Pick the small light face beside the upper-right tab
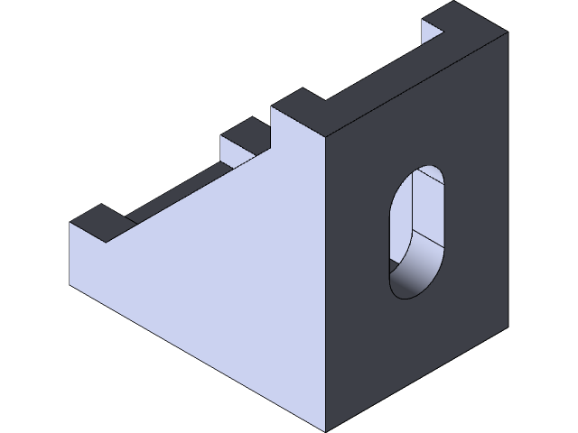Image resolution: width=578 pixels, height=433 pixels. point(432,32)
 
